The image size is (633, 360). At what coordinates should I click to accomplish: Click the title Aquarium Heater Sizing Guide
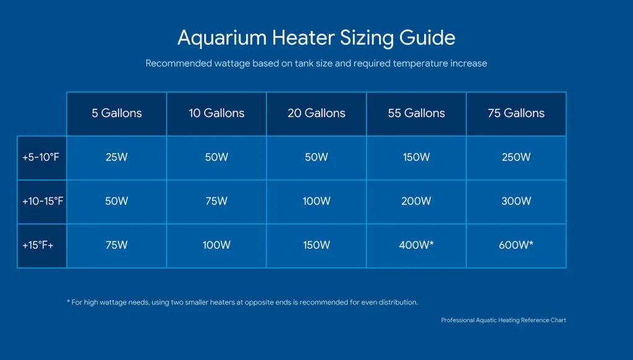[316, 38]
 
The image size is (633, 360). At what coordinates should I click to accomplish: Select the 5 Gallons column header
[117, 113]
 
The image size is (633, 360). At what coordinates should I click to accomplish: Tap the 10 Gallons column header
[216, 113]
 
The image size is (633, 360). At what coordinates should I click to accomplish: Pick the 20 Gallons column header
[316, 113]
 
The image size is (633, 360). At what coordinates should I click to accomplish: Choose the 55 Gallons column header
[416, 113]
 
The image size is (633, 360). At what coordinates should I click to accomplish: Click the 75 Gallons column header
[516, 113]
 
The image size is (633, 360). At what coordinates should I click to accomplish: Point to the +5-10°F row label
[41, 157]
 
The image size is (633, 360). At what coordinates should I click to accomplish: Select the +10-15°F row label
[41, 201]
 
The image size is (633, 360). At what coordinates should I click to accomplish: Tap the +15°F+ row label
[41, 245]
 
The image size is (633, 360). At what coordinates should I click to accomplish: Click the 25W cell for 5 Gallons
[117, 157]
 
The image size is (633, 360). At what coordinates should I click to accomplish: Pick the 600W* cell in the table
[516, 245]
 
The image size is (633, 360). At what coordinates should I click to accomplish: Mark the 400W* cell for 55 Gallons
[416, 245]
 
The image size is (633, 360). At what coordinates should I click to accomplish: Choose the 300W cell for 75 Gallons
[516, 201]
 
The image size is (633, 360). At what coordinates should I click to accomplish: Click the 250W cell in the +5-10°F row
[516, 157]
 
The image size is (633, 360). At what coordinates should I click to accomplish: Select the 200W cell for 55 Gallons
[416, 201]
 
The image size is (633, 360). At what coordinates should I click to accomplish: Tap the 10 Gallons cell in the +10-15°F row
[216, 201]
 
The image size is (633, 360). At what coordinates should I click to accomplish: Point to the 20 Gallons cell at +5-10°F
[316, 157]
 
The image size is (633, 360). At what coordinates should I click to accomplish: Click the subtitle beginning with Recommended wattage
[316, 63]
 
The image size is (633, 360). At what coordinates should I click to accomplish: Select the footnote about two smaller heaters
[242, 302]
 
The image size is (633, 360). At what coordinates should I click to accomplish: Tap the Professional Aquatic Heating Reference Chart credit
[503, 320]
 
